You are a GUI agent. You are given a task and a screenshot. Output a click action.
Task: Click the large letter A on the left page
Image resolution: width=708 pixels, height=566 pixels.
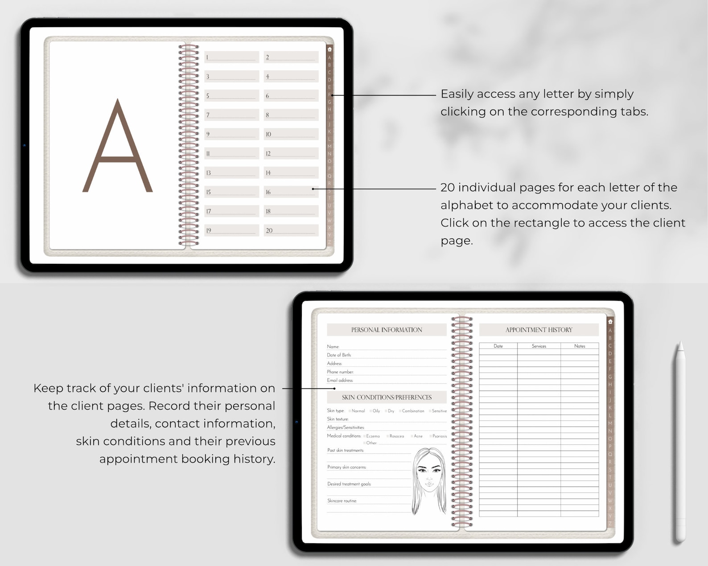pos(118,147)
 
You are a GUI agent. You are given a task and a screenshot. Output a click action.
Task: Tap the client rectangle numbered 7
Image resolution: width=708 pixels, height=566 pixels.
pos(231,115)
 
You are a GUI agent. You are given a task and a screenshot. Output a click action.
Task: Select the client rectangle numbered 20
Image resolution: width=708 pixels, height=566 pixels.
pos(291,230)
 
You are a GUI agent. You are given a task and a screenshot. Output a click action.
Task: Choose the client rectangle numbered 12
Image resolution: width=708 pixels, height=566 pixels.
pos(291,153)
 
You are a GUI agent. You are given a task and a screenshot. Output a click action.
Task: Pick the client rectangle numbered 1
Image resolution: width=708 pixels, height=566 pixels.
pos(231,57)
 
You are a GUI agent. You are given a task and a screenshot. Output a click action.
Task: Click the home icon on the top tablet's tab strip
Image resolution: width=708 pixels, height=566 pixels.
pos(329,49)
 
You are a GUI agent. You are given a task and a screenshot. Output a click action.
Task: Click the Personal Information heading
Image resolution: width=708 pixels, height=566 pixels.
pos(386,330)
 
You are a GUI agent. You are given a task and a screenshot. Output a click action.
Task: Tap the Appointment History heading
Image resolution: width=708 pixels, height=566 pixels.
pos(539,330)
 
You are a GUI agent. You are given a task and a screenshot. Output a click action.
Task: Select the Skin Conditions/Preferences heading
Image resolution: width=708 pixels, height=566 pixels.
pos(386,397)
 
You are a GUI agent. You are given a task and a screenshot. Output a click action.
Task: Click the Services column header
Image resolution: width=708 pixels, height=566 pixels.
pos(539,346)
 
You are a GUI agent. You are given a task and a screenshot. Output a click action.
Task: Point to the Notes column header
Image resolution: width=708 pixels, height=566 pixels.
pos(580,346)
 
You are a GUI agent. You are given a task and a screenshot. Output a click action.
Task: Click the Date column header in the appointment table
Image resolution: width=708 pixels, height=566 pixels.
pos(498,346)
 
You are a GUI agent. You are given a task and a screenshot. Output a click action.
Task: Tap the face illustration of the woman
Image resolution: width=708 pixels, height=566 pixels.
pos(429,479)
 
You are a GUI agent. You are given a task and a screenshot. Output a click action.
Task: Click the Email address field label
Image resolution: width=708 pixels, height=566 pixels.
pos(340,380)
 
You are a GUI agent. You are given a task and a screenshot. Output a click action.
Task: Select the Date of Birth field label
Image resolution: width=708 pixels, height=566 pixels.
pos(339,355)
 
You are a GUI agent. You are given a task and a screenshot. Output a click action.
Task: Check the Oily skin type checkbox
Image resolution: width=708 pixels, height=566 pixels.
pos(371,411)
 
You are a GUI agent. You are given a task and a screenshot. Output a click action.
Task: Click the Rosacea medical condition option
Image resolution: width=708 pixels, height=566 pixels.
pos(388,436)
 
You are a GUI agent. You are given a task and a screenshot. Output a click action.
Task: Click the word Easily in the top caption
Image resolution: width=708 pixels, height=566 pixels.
pos(457,94)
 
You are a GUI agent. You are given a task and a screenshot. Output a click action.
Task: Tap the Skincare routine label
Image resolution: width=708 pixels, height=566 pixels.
pos(342,501)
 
